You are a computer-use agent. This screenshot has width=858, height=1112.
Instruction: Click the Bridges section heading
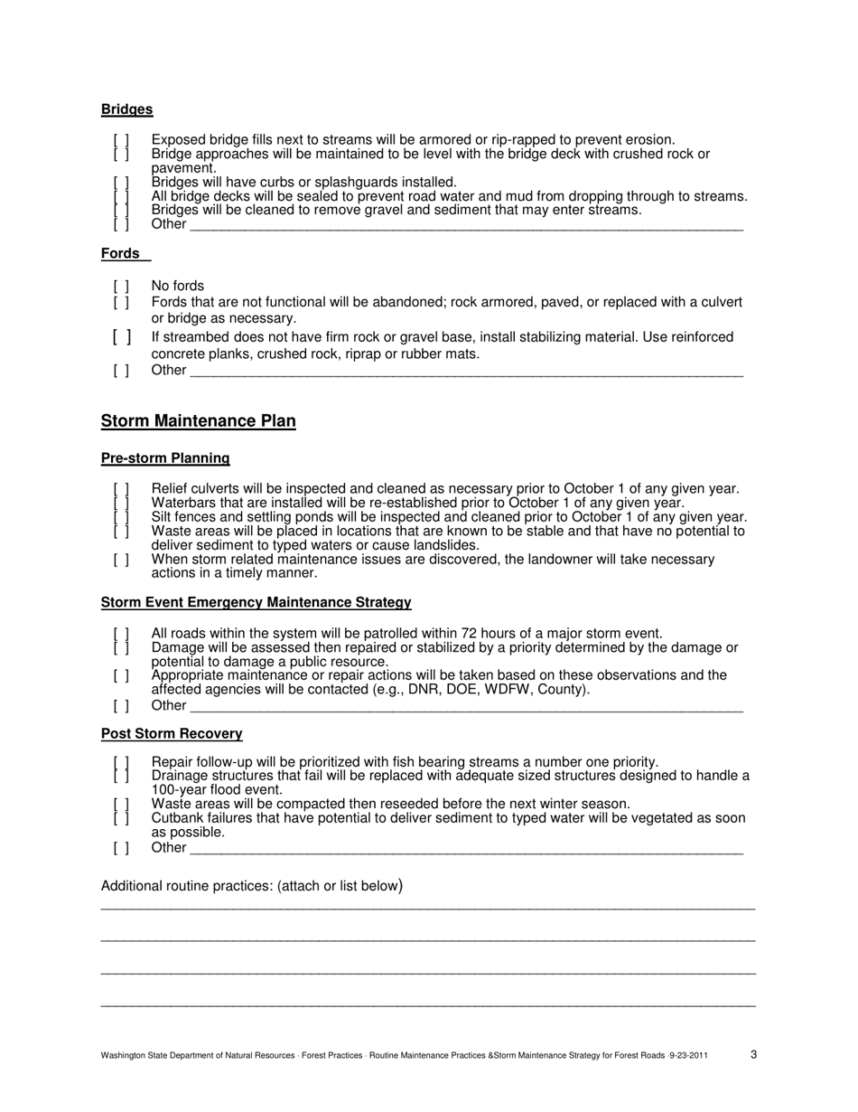click(126, 109)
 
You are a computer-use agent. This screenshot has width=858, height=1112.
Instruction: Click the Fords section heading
click(120, 254)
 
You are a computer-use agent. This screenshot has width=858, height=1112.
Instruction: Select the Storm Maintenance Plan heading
click(198, 421)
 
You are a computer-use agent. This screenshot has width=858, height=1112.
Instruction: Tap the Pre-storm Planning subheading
click(165, 458)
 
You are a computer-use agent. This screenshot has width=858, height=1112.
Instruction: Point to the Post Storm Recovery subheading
click(172, 733)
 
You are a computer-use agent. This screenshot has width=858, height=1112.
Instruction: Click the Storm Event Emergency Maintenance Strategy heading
click(256, 602)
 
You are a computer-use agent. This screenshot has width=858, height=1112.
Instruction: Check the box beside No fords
click(121, 287)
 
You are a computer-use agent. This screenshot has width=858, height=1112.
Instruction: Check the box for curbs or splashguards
click(121, 183)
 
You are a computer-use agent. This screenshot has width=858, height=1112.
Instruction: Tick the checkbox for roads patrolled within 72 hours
click(121, 634)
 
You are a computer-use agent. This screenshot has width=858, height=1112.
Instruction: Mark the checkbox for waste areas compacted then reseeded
click(121, 804)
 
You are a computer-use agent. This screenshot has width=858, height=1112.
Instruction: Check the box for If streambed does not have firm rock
click(121, 337)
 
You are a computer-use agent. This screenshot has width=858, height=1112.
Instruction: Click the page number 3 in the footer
click(753, 1053)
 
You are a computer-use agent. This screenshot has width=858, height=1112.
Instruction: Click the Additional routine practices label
click(251, 886)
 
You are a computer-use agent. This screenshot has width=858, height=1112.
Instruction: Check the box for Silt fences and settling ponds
click(121, 517)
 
